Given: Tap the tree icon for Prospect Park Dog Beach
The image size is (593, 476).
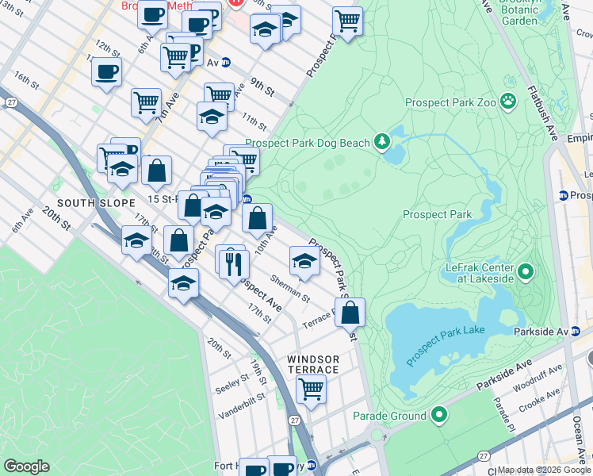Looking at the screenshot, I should (383, 142).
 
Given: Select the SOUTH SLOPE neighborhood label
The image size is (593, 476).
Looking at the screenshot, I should (89, 203).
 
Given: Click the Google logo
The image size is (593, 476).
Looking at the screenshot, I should (26, 466).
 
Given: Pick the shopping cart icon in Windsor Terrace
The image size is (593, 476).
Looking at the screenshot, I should (311, 389).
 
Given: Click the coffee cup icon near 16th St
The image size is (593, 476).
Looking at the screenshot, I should (105, 71).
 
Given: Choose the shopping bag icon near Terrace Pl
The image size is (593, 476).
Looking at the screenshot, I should (350, 312).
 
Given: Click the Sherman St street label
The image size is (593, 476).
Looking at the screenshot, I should (289, 288).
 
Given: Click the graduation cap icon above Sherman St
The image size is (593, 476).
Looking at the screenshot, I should (304, 261).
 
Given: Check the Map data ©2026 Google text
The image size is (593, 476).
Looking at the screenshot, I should (543, 470).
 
